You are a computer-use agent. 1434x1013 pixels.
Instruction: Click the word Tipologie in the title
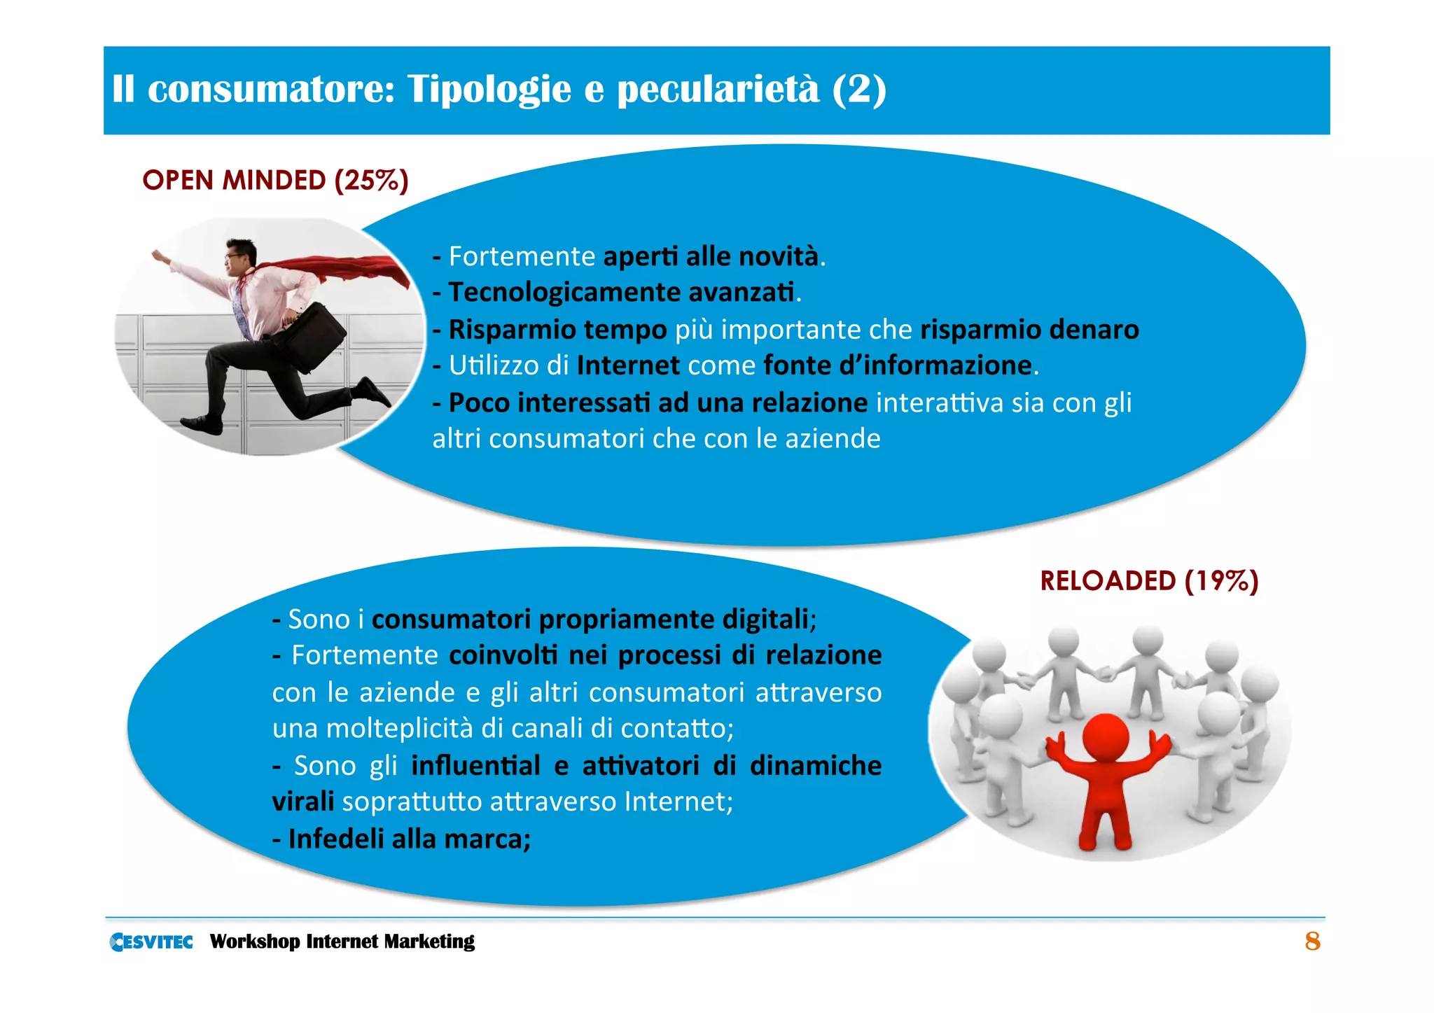(489, 90)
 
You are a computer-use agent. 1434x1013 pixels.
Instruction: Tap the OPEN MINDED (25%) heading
(275, 181)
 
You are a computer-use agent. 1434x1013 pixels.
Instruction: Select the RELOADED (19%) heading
(1149, 581)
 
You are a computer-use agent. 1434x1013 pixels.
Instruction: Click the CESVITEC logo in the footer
(151, 942)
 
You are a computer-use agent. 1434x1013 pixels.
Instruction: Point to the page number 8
(1312, 942)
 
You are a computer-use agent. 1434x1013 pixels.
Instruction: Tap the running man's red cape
(336, 270)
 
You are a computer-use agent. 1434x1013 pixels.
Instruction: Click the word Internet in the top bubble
(628, 365)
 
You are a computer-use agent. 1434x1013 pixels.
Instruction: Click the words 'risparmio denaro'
(1029, 330)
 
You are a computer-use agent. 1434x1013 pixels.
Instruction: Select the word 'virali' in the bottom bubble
(303, 802)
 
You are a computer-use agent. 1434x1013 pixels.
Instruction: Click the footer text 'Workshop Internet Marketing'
(342, 942)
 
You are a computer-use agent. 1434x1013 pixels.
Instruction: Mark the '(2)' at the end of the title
(859, 90)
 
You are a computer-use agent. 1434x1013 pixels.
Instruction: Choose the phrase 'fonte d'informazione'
(898, 365)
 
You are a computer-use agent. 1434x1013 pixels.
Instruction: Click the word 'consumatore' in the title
(272, 90)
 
